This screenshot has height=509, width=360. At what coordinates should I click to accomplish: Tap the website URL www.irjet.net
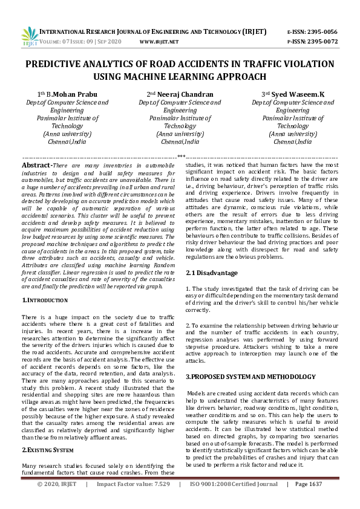[x=159, y=42]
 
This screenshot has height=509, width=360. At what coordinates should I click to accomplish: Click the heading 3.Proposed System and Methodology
[x=250, y=377]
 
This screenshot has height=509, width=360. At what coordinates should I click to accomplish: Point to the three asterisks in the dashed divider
[x=180, y=157]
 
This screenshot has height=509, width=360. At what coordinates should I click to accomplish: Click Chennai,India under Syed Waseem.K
[x=293, y=141]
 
